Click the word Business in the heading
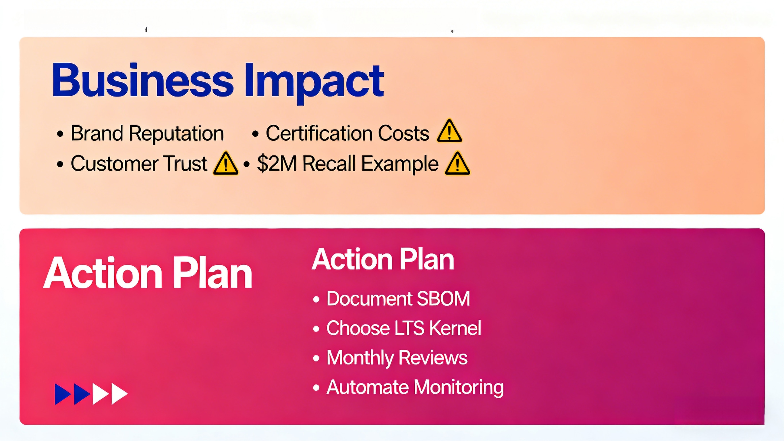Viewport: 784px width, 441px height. pos(142,80)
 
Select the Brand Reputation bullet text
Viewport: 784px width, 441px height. pos(147,133)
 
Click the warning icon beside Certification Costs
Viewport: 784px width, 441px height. pos(449,131)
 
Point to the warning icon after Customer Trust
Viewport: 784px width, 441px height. pos(225,164)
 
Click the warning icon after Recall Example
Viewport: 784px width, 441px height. pos(457,164)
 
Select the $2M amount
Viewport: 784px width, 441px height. pos(277,163)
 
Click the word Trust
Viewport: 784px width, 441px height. pos(185,163)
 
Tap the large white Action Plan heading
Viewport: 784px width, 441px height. pos(148,273)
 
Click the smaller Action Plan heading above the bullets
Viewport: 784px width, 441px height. pos(383,259)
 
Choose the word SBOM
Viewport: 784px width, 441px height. pos(443,299)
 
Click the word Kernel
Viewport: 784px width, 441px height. pos(455,328)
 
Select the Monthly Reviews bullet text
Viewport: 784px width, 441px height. pos(397,358)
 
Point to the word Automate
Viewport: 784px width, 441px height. pos(367,387)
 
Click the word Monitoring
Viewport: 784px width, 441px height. pos(459,387)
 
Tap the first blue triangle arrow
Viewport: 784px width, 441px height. pos(62,394)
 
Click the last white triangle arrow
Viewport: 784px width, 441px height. pos(119,394)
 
